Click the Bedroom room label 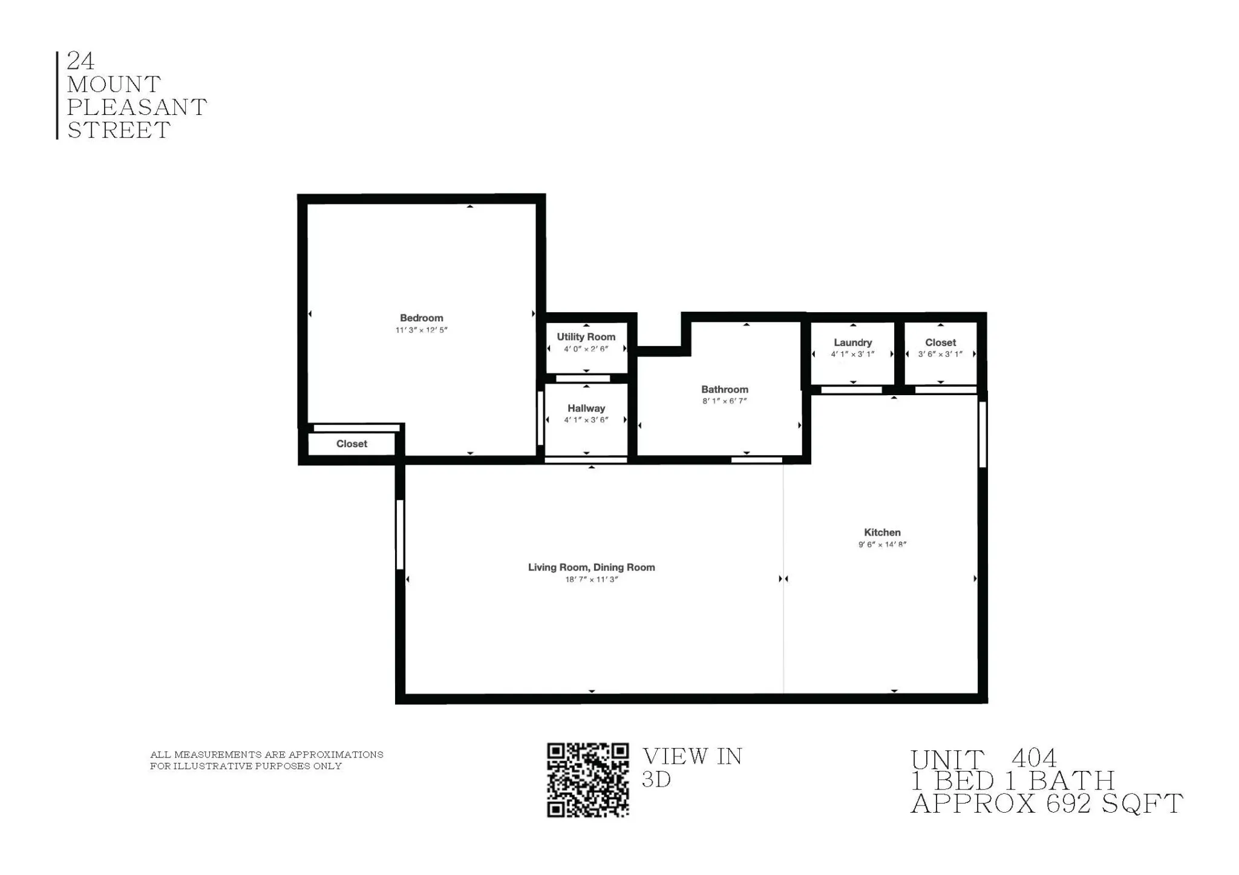[x=421, y=318]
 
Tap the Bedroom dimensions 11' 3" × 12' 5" [x=421, y=330]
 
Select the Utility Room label [x=586, y=337]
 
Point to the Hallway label [x=586, y=408]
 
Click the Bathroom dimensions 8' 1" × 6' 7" [x=724, y=401]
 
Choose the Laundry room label [x=852, y=342]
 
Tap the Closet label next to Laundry [x=940, y=342]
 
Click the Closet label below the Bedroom [x=351, y=444]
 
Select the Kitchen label [x=882, y=533]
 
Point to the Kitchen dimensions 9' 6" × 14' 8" [x=882, y=545]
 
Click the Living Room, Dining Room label [x=591, y=568]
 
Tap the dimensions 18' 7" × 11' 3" [x=591, y=580]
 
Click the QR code [x=587, y=780]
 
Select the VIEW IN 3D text [x=691, y=767]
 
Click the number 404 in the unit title [x=1034, y=758]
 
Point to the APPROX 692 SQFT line [x=1047, y=804]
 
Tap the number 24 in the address [x=80, y=61]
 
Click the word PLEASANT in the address [x=137, y=108]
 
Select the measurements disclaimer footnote [x=266, y=760]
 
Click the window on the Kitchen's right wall [x=982, y=434]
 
